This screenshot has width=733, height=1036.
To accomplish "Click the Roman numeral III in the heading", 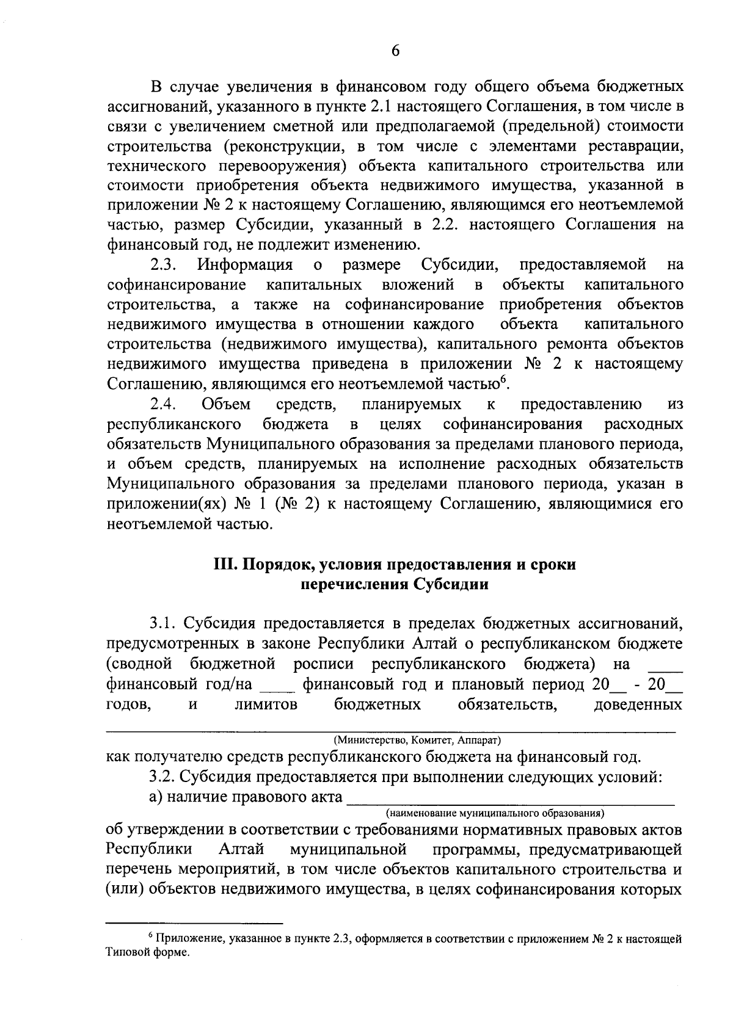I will pos(226,564).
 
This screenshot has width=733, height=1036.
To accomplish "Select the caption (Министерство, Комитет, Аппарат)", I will pos(417,741).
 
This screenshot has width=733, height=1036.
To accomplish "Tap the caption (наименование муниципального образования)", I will pos(495,813).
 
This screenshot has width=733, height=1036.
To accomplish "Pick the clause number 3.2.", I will pos(163,778).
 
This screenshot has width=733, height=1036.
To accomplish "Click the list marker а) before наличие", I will pos(156,797).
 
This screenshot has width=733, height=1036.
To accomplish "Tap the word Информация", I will pos(244,265).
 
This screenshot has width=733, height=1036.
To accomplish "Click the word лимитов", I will pos(266,705).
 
